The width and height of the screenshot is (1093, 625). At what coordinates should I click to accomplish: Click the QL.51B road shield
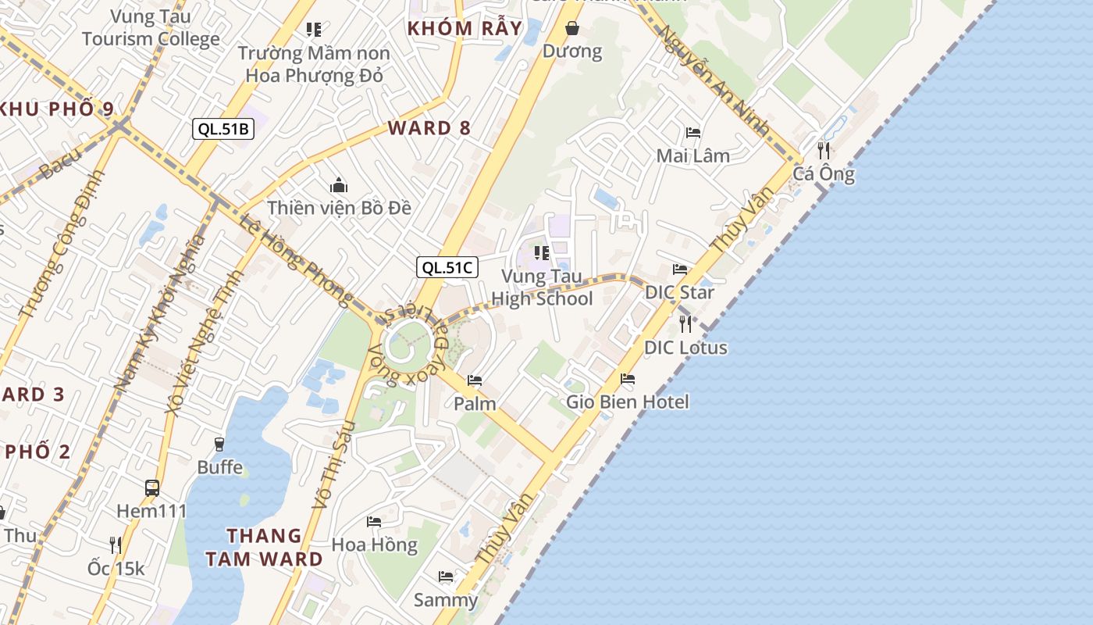pos(223,129)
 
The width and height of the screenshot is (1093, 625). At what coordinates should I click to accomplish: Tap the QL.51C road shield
pos(447,267)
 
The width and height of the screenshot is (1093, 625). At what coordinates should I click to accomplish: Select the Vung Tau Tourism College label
pos(151,27)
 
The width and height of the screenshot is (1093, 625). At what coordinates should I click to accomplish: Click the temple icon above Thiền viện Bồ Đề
pos(338,186)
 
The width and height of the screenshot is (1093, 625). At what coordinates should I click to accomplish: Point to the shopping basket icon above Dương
pos(572,29)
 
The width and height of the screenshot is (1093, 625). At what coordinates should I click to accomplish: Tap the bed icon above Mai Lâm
pos(692,133)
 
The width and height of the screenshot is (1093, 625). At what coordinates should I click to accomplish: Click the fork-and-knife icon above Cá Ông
pos(824,151)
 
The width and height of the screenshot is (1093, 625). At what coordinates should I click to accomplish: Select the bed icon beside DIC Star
pos(680,270)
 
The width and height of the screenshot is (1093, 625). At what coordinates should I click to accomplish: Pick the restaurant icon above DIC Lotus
pos(685,323)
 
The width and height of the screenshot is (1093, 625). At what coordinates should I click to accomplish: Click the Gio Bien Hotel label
pos(628,402)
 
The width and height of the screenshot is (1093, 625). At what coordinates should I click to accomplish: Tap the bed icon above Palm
pos(475,380)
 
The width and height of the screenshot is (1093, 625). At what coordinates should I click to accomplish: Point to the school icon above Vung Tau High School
pos(541,252)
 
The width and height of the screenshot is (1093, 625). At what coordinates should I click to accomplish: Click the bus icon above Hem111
pos(152,488)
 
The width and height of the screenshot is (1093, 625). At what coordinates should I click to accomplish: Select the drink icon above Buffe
pos(219,444)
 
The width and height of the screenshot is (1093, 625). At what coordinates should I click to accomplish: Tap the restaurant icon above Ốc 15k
pos(116,545)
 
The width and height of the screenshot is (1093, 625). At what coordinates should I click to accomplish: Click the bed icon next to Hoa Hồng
pos(374,521)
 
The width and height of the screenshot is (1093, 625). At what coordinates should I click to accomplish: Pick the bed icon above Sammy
pos(446,577)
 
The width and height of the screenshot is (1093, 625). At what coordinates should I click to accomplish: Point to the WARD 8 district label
pos(429,128)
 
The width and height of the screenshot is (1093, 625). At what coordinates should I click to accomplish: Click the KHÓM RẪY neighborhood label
pos(465,28)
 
